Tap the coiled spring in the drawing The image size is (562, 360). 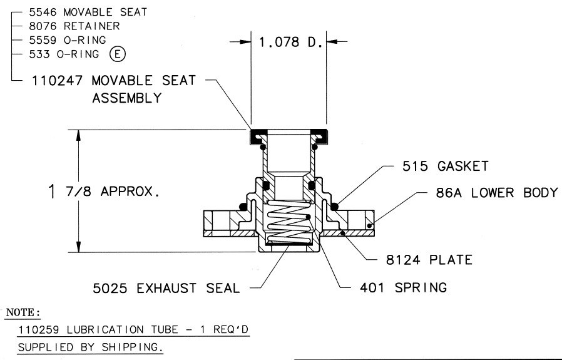(x=285, y=224)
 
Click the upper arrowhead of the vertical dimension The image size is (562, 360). (x=79, y=135)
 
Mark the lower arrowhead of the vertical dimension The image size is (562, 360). (x=79, y=247)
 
